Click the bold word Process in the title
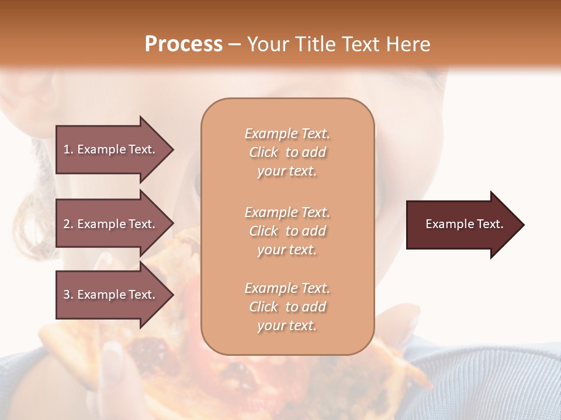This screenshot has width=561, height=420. (183, 44)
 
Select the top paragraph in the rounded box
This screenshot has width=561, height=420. (287, 152)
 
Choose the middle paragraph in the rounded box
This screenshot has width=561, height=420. (287, 231)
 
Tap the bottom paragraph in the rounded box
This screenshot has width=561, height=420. (287, 307)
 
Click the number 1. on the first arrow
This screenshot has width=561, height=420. (68, 149)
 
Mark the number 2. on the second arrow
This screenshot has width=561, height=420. (68, 224)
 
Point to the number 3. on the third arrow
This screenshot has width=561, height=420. (68, 295)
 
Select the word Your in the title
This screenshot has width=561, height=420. (268, 44)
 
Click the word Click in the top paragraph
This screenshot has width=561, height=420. (264, 152)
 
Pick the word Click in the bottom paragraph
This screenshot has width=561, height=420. (264, 307)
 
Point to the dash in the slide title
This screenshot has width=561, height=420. (234, 45)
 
